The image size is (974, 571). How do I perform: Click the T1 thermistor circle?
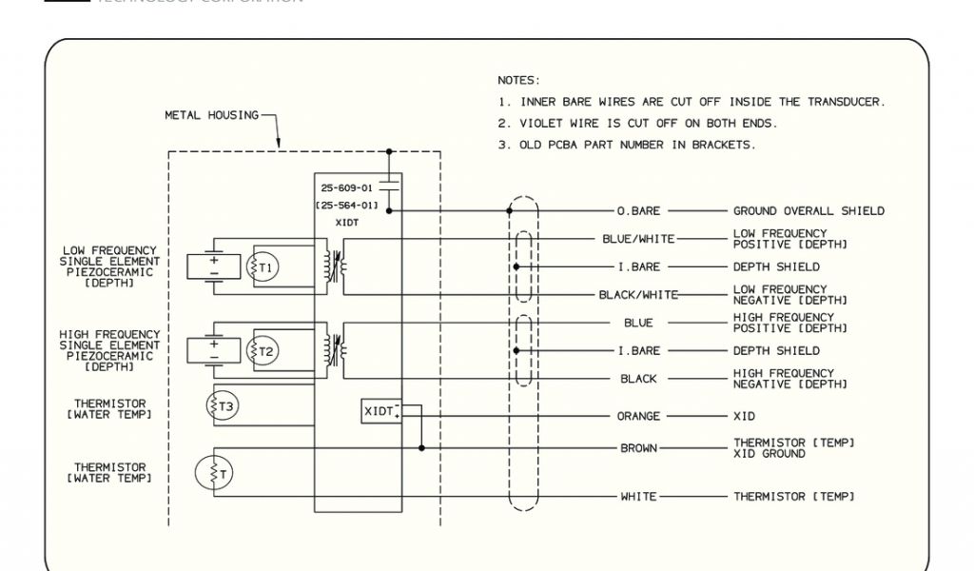click(x=263, y=267)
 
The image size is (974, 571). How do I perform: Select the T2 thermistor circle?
click(x=263, y=351)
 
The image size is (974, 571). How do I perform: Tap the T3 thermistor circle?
click(x=223, y=406)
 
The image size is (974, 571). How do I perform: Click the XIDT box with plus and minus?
click(x=381, y=410)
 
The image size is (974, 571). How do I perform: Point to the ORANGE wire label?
click(x=638, y=416)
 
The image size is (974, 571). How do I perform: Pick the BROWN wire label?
click(x=638, y=448)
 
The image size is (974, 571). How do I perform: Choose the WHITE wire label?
click(x=638, y=497)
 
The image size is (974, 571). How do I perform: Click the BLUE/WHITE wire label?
click(x=639, y=239)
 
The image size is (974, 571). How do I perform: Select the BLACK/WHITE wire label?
click(x=638, y=295)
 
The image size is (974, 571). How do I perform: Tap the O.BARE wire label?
click(x=638, y=210)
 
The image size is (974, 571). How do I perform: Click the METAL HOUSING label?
click(x=211, y=115)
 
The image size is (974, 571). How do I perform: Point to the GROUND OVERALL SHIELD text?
click(x=808, y=210)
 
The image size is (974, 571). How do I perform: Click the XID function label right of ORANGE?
click(x=744, y=416)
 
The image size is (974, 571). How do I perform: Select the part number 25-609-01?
click(x=347, y=187)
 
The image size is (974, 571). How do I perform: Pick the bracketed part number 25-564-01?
click(x=347, y=205)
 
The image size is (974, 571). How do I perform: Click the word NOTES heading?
click(x=518, y=80)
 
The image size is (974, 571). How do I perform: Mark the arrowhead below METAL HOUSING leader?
click(x=278, y=146)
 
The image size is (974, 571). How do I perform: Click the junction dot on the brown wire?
click(x=421, y=447)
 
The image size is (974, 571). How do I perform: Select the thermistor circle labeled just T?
click(x=213, y=473)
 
